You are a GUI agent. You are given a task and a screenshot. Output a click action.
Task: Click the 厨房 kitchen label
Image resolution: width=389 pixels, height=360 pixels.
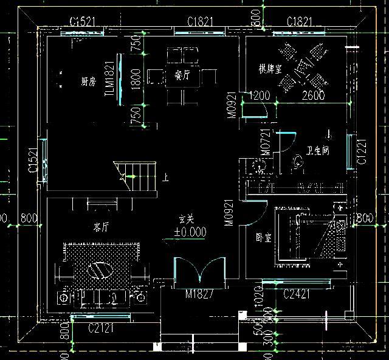click(88, 81)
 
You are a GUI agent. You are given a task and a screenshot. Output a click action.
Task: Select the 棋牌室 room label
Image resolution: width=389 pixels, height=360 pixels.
click(269, 68)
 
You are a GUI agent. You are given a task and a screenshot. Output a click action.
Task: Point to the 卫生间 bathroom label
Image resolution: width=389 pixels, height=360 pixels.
click(318, 150)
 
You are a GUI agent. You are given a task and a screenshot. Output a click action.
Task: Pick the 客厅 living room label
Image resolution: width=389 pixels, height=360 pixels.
click(101, 227)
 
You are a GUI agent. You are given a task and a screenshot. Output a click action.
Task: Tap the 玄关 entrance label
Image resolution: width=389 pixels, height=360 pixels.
click(186, 219)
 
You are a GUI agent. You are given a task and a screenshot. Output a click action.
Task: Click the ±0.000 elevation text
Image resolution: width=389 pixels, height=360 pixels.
click(190, 232)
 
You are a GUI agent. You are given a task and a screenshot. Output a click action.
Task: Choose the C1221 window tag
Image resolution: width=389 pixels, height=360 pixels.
click(362, 152)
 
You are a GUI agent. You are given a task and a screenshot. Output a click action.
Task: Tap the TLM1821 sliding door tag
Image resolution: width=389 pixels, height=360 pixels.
click(110, 78)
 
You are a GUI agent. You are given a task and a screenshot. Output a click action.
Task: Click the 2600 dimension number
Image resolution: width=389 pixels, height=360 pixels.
click(313, 95)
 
